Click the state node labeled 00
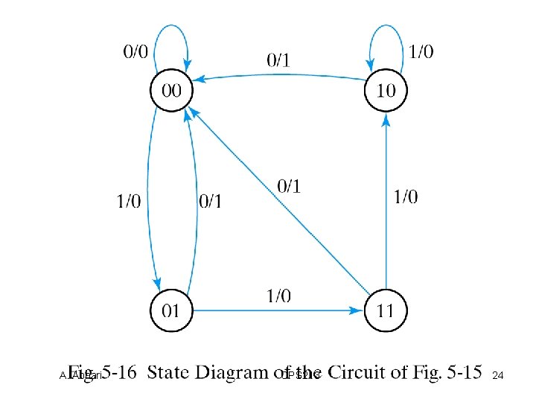[170, 92]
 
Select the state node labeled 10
[386, 92]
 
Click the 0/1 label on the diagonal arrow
[289, 186]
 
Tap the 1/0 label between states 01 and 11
[279, 296]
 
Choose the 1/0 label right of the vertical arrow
[405, 197]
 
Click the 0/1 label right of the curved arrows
[212, 201]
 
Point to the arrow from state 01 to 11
[275, 310]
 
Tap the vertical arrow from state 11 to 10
[386, 201]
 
